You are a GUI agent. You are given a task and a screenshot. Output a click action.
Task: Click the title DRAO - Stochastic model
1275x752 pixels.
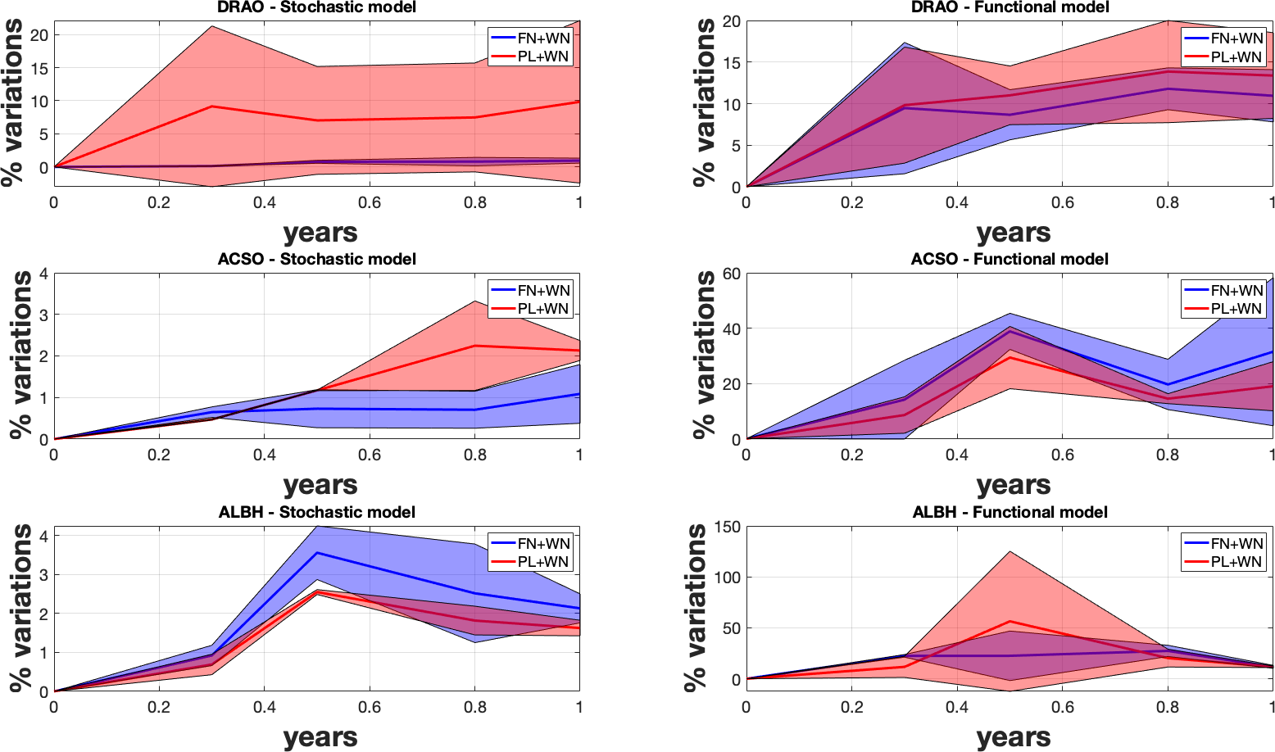pos(316,7)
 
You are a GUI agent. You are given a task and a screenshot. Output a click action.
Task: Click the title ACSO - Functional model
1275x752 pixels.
pos(1010,259)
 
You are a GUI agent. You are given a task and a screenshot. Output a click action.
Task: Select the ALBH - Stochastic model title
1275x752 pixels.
pos(317,512)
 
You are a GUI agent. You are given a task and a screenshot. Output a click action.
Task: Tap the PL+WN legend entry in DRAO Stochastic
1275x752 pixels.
pos(543,57)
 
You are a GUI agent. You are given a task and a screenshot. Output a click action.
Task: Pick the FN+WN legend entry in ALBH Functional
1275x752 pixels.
pos(1236,543)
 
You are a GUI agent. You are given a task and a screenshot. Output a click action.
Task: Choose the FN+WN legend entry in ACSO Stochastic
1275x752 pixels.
pos(543,290)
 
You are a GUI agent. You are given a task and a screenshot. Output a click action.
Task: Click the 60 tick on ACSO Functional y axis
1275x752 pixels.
pos(731,274)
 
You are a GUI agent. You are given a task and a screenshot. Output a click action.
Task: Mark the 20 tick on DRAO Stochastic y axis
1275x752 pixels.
pos(39,34)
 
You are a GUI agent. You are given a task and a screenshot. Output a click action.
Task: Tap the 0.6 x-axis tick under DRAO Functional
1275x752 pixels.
pos(1062,202)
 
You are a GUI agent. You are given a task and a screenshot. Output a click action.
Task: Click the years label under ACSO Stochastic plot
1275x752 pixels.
pos(320,485)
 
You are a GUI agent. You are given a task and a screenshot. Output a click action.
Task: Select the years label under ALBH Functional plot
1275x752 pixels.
pos(1014,738)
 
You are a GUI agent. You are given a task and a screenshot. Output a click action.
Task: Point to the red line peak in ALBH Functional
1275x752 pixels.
pos(1010,621)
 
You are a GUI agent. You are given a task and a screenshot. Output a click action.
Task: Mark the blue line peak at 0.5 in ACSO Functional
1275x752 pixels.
pos(1010,331)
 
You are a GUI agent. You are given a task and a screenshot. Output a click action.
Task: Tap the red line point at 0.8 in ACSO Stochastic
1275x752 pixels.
pos(474,346)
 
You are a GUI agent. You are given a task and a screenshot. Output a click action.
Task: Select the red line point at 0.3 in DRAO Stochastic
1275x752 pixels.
pos(212,106)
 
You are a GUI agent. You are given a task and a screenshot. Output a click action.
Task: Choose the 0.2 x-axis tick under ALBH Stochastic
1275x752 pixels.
pos(159,707)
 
